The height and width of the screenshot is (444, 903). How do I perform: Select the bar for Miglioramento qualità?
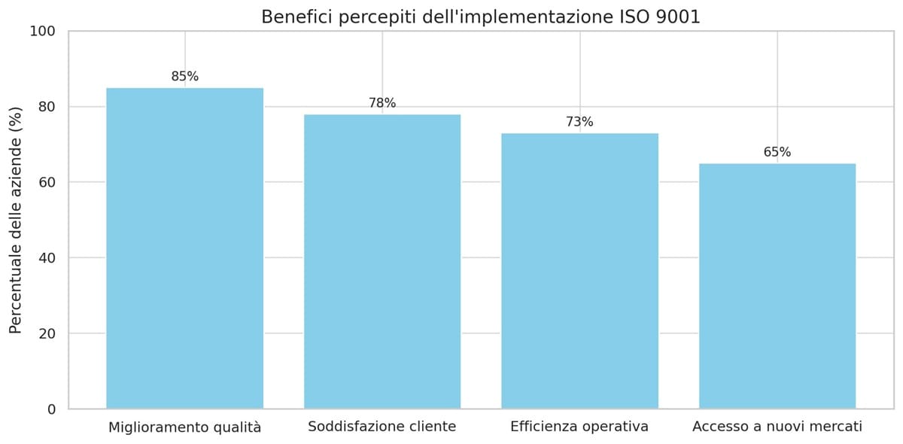click(x=184, y=248)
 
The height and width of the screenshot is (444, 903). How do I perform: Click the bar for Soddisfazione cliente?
click(x=382, y=261)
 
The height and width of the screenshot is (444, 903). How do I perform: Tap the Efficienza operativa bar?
click(x=579, y=271)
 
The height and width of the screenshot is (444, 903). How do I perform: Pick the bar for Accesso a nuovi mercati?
click(x=777, y=286)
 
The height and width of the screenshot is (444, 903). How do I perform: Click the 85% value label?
click(x=184, y=77)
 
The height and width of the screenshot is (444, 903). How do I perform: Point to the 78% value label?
click(x=382, y=103)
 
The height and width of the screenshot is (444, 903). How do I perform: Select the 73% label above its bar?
click(x=579, y=122)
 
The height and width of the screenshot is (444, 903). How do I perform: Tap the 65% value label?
click(x=777, y=152)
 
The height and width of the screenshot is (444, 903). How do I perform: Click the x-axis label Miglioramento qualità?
click(x=184, y=427)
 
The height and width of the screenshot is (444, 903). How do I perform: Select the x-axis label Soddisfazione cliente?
click(x=382, y=427)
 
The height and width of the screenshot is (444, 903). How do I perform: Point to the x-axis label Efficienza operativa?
click(x=579, y=427)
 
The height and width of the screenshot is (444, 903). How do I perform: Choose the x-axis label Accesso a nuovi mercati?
click(x=777, y=427)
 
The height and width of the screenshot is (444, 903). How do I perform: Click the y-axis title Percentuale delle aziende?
click(x=16, y=220)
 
